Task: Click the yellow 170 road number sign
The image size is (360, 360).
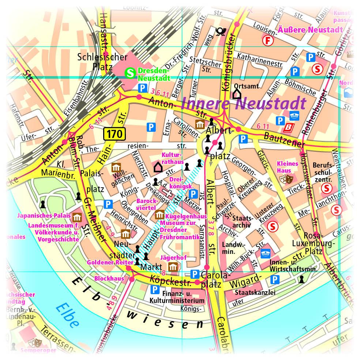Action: tap(115, 134)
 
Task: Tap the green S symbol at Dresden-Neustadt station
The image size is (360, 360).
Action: tap(130, 73)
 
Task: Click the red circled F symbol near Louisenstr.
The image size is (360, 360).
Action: tap(269, 41)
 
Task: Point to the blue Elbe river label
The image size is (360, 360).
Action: tap(67, 315)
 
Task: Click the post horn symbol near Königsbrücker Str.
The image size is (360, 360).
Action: tap(220, 32)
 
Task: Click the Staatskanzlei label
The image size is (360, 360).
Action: tap(255, 292)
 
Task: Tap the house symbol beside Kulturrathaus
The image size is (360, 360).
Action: tap(158, 167)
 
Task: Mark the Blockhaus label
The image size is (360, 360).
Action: tap(109, 278)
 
